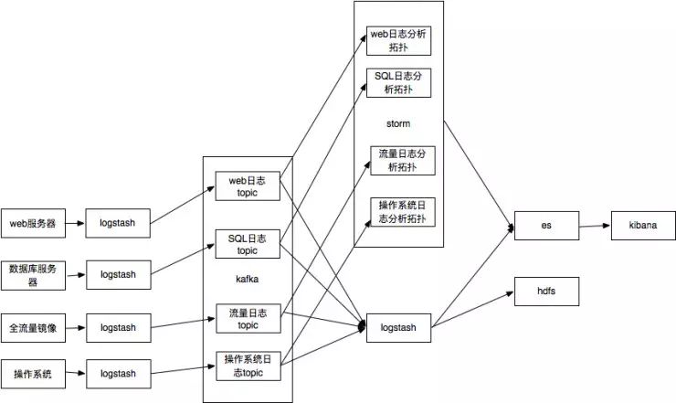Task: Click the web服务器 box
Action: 33,223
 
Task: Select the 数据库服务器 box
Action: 33,275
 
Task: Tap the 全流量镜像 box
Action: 33,328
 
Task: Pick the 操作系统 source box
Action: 33,374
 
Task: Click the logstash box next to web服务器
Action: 118,223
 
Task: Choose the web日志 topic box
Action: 248,186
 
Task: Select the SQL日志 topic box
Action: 248,244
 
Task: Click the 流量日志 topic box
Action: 248,318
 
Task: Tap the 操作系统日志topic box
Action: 248,366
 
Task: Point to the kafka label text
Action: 248,279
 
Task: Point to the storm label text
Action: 398,124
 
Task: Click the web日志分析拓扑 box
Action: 399,40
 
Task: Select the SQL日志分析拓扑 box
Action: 399,83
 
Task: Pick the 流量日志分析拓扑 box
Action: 403,161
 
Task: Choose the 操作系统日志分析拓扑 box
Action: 403,212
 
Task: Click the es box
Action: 546,225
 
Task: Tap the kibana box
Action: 643,225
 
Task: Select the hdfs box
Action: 546,292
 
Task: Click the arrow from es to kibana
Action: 595,226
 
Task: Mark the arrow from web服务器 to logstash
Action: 76,223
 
